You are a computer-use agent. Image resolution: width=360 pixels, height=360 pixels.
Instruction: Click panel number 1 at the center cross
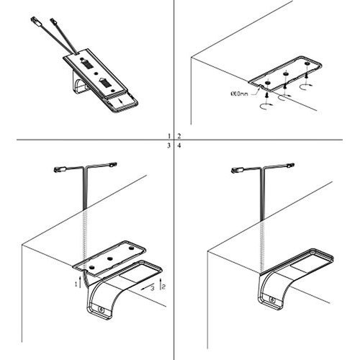pos(168,135)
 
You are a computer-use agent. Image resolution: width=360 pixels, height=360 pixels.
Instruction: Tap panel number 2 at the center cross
pos(178,135)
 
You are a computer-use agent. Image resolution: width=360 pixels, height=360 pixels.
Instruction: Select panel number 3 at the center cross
pos(168,145)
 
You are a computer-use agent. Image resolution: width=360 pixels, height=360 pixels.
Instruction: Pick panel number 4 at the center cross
pos(178,145)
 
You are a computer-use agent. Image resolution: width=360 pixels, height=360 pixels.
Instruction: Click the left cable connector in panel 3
pos(61,169)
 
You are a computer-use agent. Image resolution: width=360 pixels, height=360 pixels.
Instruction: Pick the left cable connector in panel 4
pos(237,170)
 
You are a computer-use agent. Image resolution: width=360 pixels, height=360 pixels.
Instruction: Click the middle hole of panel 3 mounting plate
pos(111,256)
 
